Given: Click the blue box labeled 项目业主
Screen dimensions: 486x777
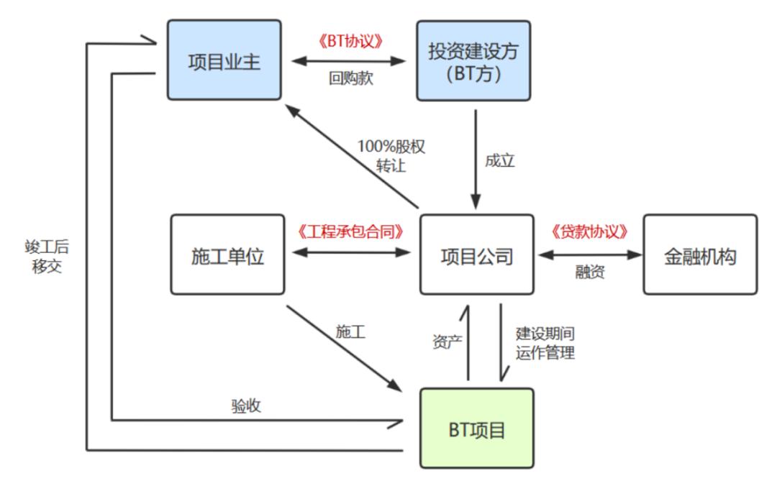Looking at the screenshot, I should click(224, 60).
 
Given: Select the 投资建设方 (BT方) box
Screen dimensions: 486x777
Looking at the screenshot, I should click(473, 60).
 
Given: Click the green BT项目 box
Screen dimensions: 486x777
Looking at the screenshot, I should click(477, 430).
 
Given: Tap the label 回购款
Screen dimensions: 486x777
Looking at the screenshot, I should click(349, 79).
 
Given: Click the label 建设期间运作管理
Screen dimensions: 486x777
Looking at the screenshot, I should click(545, 344).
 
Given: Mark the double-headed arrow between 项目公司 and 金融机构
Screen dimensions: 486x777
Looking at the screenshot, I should click(589, 253).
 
